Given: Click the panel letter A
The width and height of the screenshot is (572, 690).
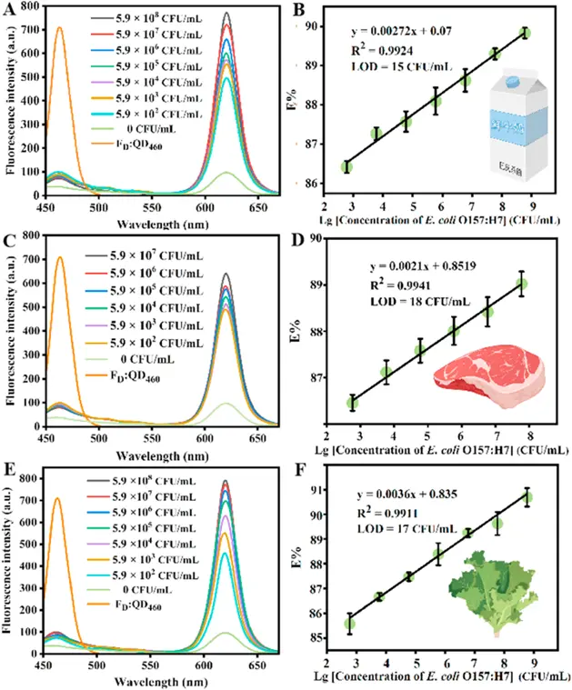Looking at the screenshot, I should (8, 11).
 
